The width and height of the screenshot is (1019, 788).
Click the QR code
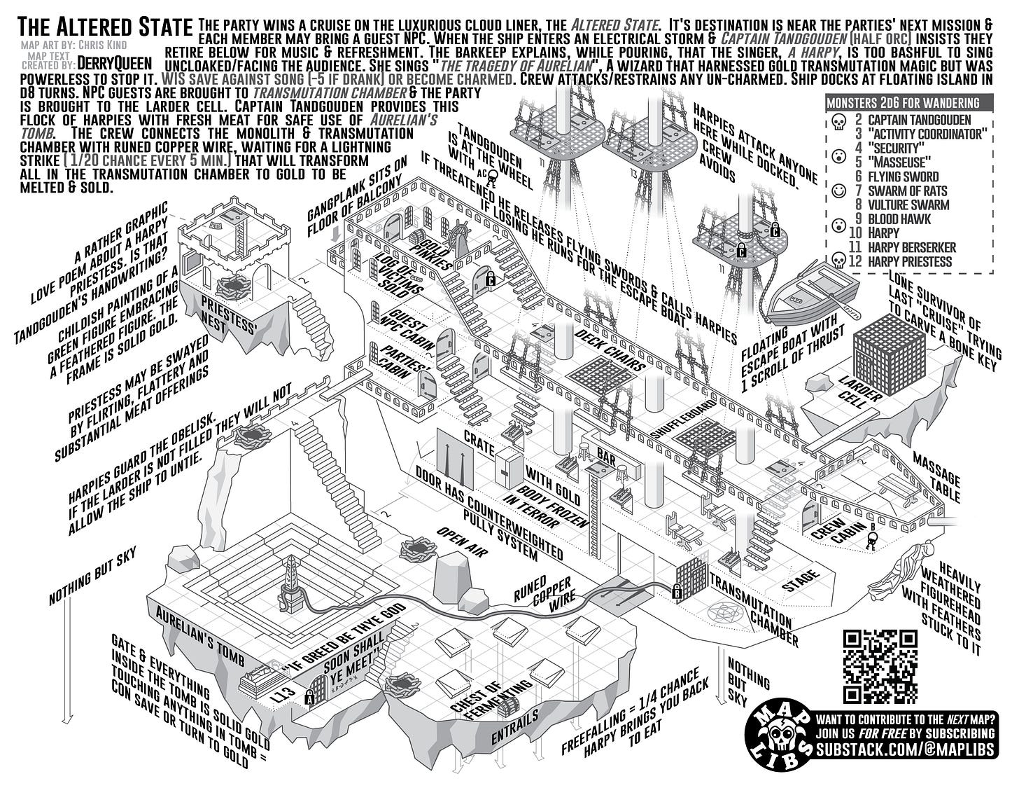(x=880, y=666)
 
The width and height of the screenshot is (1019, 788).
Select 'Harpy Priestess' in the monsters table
(x=910, y=261)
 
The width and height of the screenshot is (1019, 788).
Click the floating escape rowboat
(x=813, y=293)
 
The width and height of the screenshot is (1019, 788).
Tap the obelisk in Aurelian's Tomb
(x=289, y=582)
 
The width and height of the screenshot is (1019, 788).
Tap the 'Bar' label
(x=606, y=459)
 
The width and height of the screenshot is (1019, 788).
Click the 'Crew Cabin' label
(x=838, y=537)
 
